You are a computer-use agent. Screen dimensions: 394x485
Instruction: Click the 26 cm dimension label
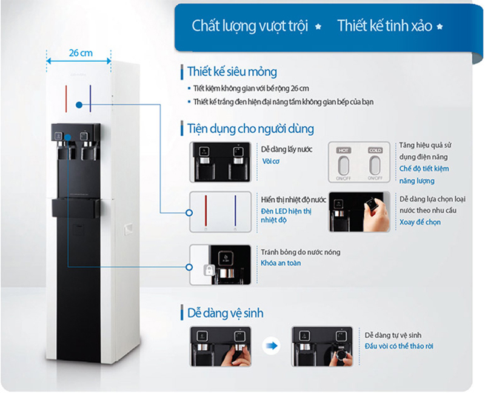tap(80, 53)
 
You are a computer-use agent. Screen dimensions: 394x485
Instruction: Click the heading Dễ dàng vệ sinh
tap(224, 313)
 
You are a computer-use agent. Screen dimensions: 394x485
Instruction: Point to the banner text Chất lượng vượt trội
tap(250, 26)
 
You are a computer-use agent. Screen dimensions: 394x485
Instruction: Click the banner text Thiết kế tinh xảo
tap(384, 26)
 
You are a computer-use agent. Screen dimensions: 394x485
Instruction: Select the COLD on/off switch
tap(374, 165)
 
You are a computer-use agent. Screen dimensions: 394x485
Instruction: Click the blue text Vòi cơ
tap(270, 162)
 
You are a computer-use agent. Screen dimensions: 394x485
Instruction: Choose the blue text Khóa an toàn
tap(281, 262)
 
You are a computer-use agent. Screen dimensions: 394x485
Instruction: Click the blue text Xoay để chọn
tap(420, 222)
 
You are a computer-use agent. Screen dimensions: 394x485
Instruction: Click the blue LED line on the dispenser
tap(90, 99)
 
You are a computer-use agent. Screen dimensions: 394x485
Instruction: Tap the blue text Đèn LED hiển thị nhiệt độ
tap(286, 215)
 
